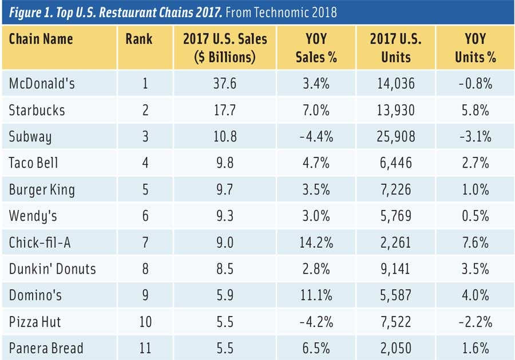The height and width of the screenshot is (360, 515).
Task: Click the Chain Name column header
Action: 41,39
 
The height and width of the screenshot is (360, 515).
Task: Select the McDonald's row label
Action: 42,84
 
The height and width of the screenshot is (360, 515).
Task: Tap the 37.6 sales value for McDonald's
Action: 225,84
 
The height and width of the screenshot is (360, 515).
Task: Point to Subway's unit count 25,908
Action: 396,137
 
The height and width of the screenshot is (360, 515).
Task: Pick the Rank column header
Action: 139,39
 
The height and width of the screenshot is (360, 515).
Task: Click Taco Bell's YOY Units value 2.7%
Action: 475,163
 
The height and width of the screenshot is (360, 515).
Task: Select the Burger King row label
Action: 42,189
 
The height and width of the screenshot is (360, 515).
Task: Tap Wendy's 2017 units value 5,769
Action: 396,216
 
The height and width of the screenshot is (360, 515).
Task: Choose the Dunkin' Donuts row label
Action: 52,268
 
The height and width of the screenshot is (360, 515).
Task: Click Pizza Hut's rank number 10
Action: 145,322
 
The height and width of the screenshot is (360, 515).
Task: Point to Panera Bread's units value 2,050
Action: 396,348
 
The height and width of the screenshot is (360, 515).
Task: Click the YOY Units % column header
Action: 475,48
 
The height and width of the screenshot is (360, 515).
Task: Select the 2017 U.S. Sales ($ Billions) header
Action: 225,48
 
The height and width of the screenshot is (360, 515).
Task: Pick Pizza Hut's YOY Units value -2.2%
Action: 475,322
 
